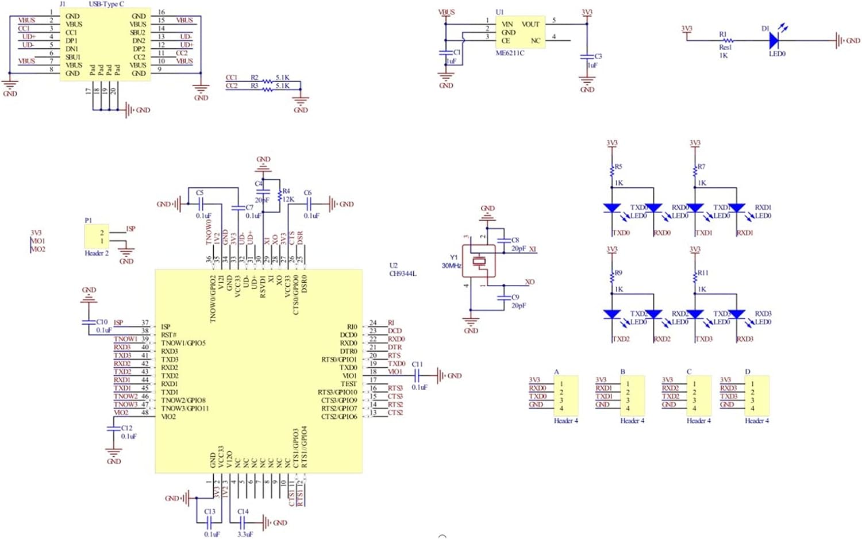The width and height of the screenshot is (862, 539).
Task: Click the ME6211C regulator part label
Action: click(510, 53)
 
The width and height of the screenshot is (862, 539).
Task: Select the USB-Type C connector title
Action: click(106, 4)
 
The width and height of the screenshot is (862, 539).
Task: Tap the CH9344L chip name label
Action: click(402, 274)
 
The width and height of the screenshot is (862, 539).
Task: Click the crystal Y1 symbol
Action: click(479, 261)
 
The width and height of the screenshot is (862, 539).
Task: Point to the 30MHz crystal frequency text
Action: click(451, 265)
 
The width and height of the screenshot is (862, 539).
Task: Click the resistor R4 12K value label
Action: click(288, 199)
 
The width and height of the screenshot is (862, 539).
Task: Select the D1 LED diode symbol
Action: click(774, 40)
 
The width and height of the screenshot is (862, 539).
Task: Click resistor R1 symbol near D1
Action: click(727, 40)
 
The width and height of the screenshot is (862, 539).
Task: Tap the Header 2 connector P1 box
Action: click(96, 236)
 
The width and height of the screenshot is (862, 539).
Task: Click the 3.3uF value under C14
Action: click(245, 534)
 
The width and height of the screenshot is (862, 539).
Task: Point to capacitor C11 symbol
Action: click(417, 376)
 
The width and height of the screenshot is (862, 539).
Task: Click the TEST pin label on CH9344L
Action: click(348, 384)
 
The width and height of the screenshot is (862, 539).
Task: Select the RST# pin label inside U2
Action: click(169, 335)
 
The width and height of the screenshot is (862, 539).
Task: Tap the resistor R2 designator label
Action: click(254, 77)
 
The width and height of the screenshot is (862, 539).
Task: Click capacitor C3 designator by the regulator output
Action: click(598, 56)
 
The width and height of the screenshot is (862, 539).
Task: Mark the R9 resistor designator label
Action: click(618, 273)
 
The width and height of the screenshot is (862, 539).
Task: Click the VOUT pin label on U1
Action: click(530, 24)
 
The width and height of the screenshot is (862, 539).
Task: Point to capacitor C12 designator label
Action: click(127, 428)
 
